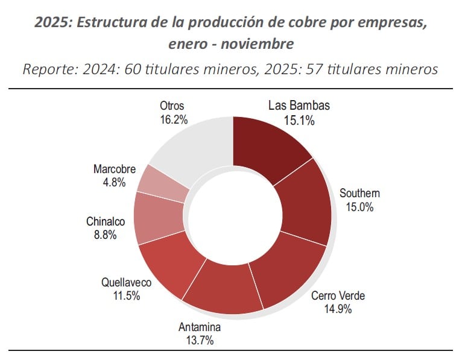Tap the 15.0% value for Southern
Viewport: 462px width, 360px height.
point(359,207)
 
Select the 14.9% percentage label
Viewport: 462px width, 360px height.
point(337,309)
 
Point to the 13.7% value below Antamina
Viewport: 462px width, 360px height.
point(200,341)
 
